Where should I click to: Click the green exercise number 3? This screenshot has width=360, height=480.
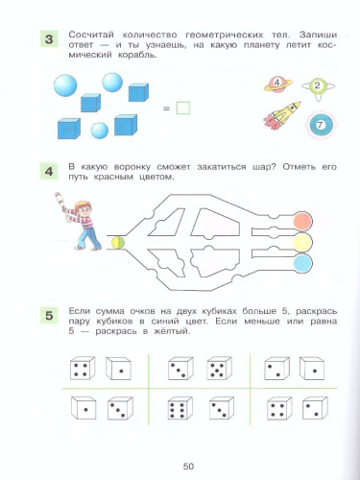point(49,39)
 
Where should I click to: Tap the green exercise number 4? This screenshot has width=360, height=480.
point(49,171)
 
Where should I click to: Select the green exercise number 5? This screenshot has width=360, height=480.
point(49,315)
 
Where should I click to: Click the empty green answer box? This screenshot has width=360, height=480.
point(182,108)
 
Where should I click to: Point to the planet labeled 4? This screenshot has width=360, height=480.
point(277,84)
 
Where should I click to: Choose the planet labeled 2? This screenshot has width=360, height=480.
point(318,86)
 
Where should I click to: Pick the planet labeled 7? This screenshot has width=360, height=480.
point(320,126)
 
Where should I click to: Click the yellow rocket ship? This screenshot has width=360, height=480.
point(281,115)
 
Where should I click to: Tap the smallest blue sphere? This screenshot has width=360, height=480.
point(100,131)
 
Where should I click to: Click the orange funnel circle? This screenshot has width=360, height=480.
point(302,221)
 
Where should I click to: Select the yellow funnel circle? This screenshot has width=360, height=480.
point(302,242)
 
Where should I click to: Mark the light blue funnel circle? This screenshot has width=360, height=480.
point(302,263)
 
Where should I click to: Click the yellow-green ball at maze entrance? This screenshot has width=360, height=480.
point(118,242)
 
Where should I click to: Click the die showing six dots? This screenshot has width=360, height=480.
point(180,408)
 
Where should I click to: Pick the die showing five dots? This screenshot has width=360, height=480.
point(219,369)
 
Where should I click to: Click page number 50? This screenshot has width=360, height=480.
point(188,467)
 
